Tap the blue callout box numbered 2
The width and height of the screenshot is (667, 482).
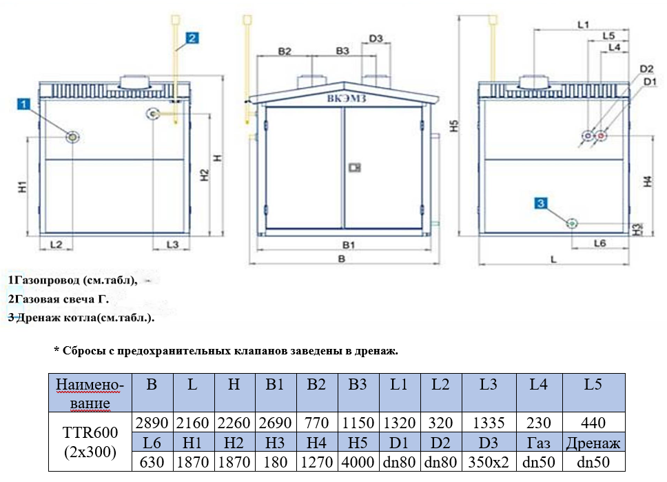pos(192,39)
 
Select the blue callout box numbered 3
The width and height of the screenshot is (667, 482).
pos(542,202)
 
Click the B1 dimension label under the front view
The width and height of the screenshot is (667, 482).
pos(349,245)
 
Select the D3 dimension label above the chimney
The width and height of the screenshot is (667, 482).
pos(376,39)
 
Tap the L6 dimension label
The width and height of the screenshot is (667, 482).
pos(599,243)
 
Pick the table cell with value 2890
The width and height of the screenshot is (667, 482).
pos(151,423)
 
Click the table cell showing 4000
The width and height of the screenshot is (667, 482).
pos(357,461)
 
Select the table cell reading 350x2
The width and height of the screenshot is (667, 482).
pos(488,461)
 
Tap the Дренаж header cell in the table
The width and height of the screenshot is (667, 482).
pos(593,443)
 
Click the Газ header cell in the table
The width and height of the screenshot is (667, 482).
pos(539,443)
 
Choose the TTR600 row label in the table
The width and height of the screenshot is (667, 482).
pos(90,442)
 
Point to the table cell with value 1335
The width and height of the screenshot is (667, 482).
pos(488,423)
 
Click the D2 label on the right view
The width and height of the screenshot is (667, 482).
pos(646,69)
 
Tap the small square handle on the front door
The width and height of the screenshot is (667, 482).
pos(356,166)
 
